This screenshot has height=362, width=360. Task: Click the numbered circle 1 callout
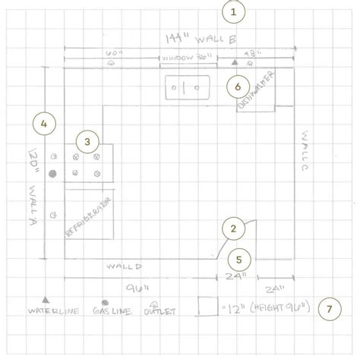coord(233,12)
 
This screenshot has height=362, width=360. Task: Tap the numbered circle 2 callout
coord(233,227)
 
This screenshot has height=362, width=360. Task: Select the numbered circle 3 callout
coord(87,140)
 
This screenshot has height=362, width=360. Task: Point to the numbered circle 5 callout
coord(239,259)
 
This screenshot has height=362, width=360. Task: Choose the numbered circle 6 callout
coord(238,87)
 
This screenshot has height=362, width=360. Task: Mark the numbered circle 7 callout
coord(329,309)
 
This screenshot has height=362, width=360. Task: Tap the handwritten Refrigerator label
coord(90,219)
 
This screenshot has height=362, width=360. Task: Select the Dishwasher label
coord(254,91)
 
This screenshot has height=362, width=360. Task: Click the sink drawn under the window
coord(188,88)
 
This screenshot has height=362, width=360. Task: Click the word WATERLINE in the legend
coord(49,312)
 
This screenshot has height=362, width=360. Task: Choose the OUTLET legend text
coord(161,312)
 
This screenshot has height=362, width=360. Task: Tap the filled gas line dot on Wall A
coord(52,175)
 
